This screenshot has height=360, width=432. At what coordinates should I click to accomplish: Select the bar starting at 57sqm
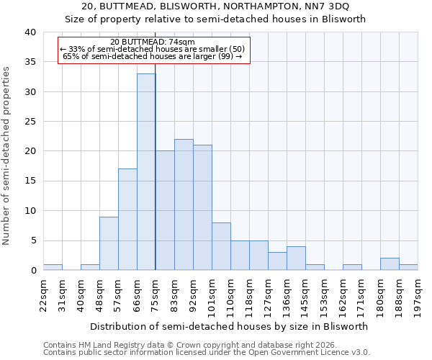click(127, 220)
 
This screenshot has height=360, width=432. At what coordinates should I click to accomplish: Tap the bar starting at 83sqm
click(184, 204)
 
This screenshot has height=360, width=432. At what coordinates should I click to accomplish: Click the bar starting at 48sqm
click(109, 243)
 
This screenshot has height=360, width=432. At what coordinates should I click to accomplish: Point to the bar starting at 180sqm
click(390, 264)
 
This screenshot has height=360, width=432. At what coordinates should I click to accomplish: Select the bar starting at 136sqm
click(296, 258)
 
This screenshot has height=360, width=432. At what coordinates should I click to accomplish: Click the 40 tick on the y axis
click(30, 32)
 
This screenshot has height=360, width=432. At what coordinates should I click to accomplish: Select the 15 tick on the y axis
click(30, 181)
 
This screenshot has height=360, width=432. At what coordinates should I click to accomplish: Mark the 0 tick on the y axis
click(32, 270)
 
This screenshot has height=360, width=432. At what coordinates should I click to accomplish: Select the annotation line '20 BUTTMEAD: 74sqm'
click(153, 42)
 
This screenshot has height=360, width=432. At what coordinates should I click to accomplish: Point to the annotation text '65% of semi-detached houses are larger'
click(153, 56)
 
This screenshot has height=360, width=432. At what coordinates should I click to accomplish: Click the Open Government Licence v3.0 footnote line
click(207, 352)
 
